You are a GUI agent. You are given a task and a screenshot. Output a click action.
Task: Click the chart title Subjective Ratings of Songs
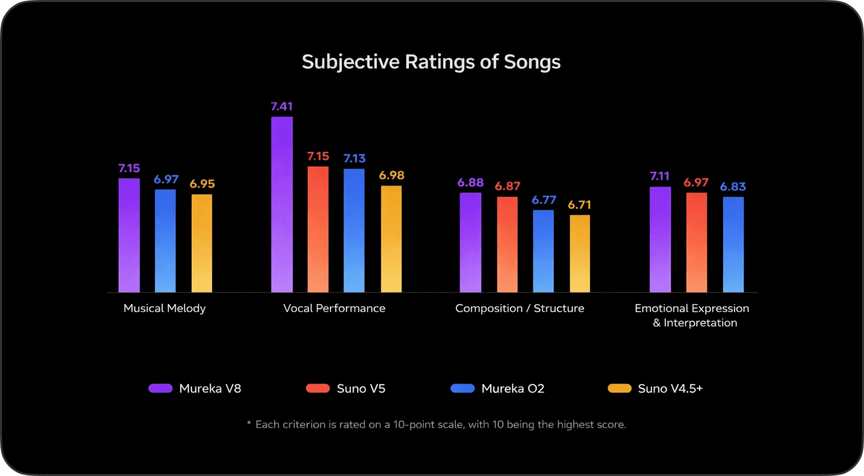(x=431, y=62)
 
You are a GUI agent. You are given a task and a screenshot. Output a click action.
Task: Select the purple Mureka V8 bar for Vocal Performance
(x=282, y=204)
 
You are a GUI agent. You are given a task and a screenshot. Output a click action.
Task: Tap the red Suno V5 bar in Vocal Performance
(x=318, y=229)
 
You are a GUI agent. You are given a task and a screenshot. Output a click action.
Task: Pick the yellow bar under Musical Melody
(x=202, y=243)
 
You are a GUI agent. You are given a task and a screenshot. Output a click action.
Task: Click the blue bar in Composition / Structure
(x=543, y=251)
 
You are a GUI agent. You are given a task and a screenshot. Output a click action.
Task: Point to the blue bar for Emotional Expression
(x=733, y=244)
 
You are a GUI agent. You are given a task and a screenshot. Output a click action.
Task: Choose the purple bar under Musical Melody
(x=129, y=235)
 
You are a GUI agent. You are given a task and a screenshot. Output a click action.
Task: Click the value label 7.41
(x=282, y=107)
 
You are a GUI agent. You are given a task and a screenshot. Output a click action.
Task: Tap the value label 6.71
(x=579, y=205)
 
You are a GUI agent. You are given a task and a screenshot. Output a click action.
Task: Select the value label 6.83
(x=733, y=187)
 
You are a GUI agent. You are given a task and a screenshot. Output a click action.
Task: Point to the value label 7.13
(x=354, y=159)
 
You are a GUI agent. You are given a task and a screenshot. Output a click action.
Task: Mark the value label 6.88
(x=470, y=182)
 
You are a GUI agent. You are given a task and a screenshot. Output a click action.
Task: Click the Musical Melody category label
(x=164, y=308)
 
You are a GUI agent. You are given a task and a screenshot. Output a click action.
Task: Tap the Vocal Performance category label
(x=334, y=308)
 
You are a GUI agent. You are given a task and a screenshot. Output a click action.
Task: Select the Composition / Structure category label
(x=519, y=308)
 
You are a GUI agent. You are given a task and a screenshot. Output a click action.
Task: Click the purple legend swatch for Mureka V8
(x=161, y=388)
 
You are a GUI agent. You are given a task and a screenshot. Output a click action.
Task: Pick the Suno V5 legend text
(x=361, y=389)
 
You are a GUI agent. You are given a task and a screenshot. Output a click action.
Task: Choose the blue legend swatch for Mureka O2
(x=462, y=388)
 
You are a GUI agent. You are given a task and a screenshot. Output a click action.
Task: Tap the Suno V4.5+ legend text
(x=670, y=389)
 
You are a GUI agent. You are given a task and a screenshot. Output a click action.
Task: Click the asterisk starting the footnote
(x=249, y=423)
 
